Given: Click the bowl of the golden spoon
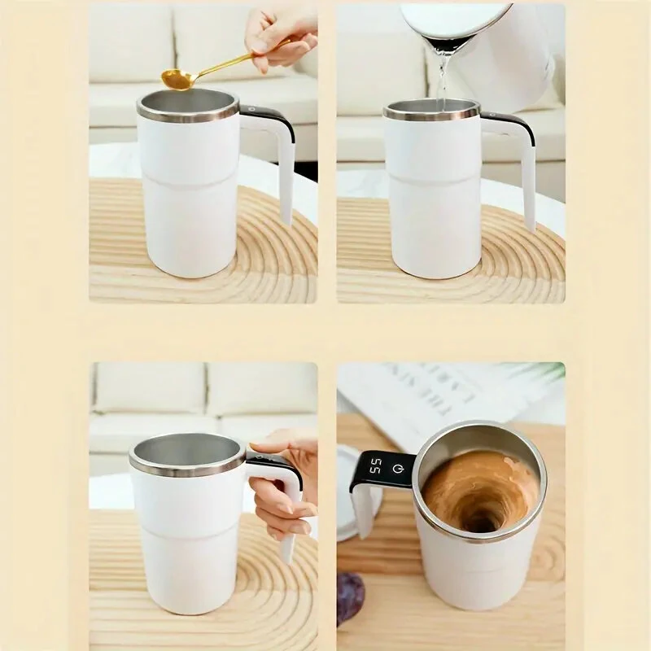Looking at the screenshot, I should pos(177,79).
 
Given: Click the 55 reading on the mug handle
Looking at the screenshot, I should pos(376,470).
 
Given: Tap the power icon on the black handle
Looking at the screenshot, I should pos(398,468).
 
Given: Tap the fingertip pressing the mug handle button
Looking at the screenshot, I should pos(259,447).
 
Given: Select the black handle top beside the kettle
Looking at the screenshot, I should pos(509,122).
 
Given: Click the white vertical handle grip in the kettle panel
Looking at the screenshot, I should pos(529,187).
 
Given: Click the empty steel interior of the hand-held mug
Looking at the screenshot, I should pos(186,449).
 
